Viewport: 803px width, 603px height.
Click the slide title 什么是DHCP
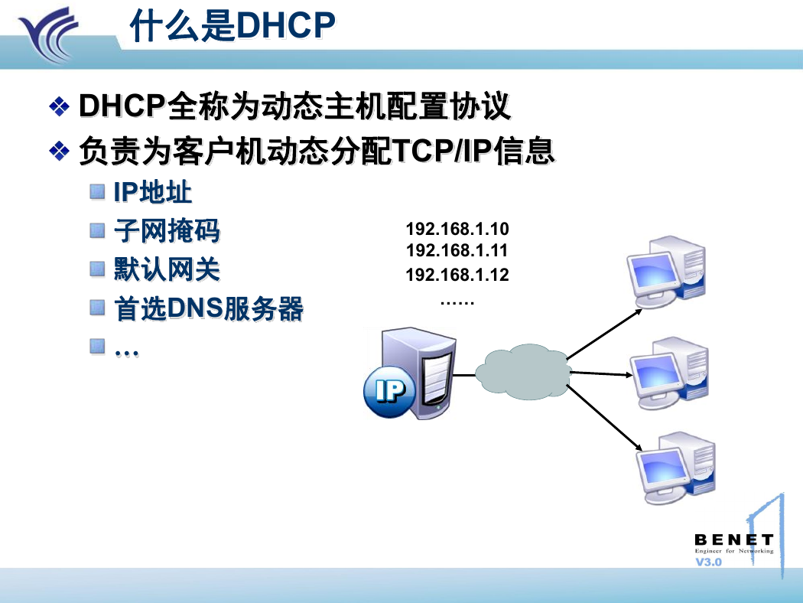pos(232,25)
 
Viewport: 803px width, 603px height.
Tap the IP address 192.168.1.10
pos(457,229)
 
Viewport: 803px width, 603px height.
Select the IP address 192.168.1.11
pos(457,250)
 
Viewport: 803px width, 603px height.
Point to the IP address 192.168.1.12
pos(457,275)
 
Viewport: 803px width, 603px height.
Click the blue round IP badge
pos(390,391)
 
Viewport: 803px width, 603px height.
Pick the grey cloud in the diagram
pos(523,372)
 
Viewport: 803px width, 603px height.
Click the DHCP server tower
pos(418,373)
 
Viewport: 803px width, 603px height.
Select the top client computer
pos(666,272)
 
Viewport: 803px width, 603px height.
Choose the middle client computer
pos(669,373)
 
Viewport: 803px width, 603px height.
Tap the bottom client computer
pos(676,468)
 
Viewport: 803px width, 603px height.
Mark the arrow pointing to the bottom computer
pos(604,418)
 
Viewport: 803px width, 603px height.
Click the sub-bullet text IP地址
pos(153,193)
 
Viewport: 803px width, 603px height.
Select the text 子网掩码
pos(167,230)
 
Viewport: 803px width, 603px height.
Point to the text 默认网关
pos(167,269)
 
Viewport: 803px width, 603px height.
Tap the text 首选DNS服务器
pos(209,309)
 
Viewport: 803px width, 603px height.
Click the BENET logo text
pos(734,540)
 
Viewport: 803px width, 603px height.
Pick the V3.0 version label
pos(708,562)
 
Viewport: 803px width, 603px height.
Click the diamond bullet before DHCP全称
pos(60,106)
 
